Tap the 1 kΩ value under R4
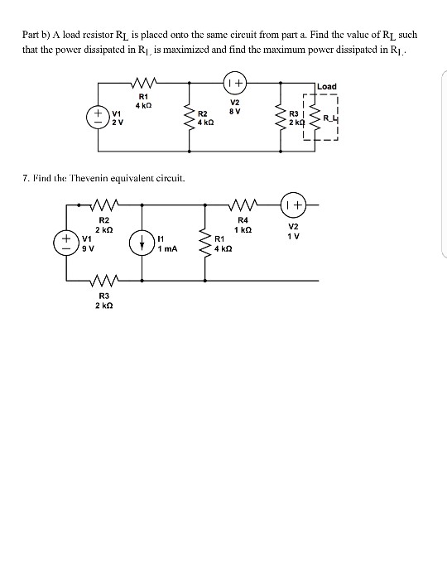click(x=243, y=229)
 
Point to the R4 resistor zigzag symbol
click(x=243, y=205)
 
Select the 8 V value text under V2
click(x=233, y=110)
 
